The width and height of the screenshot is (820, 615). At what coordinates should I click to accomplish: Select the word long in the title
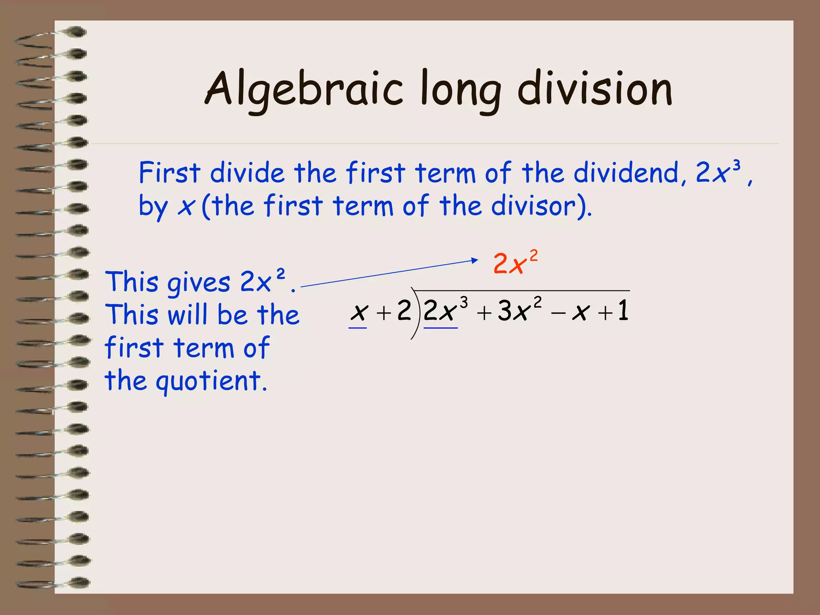pos(460,90)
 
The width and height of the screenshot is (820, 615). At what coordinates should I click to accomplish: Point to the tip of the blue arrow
pos(477,260)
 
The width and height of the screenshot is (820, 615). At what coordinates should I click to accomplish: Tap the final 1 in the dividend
pos(623,310)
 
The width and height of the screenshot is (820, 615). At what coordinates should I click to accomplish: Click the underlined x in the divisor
pos(359,312)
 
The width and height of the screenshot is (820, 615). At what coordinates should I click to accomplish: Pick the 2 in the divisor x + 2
pos(404,310)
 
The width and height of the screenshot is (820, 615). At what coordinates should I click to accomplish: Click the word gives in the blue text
pos(199,283)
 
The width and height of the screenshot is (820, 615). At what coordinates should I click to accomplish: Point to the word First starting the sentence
pos(169,173)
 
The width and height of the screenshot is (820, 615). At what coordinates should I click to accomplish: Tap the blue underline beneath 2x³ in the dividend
pos(440,328)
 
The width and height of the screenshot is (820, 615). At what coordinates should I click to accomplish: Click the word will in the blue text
pos(188,315)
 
